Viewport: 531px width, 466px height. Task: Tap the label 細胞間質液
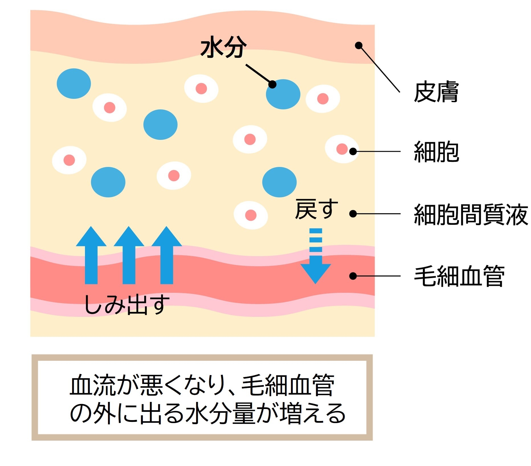[471, 214]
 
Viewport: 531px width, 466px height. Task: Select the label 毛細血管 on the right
[459, 276]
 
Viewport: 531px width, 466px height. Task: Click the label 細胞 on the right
[436, 152]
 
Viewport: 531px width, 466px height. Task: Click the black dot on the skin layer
[359, 45]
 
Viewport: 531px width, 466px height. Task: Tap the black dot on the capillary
[353, 276]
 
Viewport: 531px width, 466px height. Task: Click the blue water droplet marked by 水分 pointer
[283, 94]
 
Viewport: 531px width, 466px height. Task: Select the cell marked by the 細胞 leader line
[342, 149]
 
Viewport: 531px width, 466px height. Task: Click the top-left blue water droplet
[74, 83]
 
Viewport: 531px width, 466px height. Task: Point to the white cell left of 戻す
[251, 215]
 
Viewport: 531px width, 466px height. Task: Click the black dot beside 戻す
[353, 214]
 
